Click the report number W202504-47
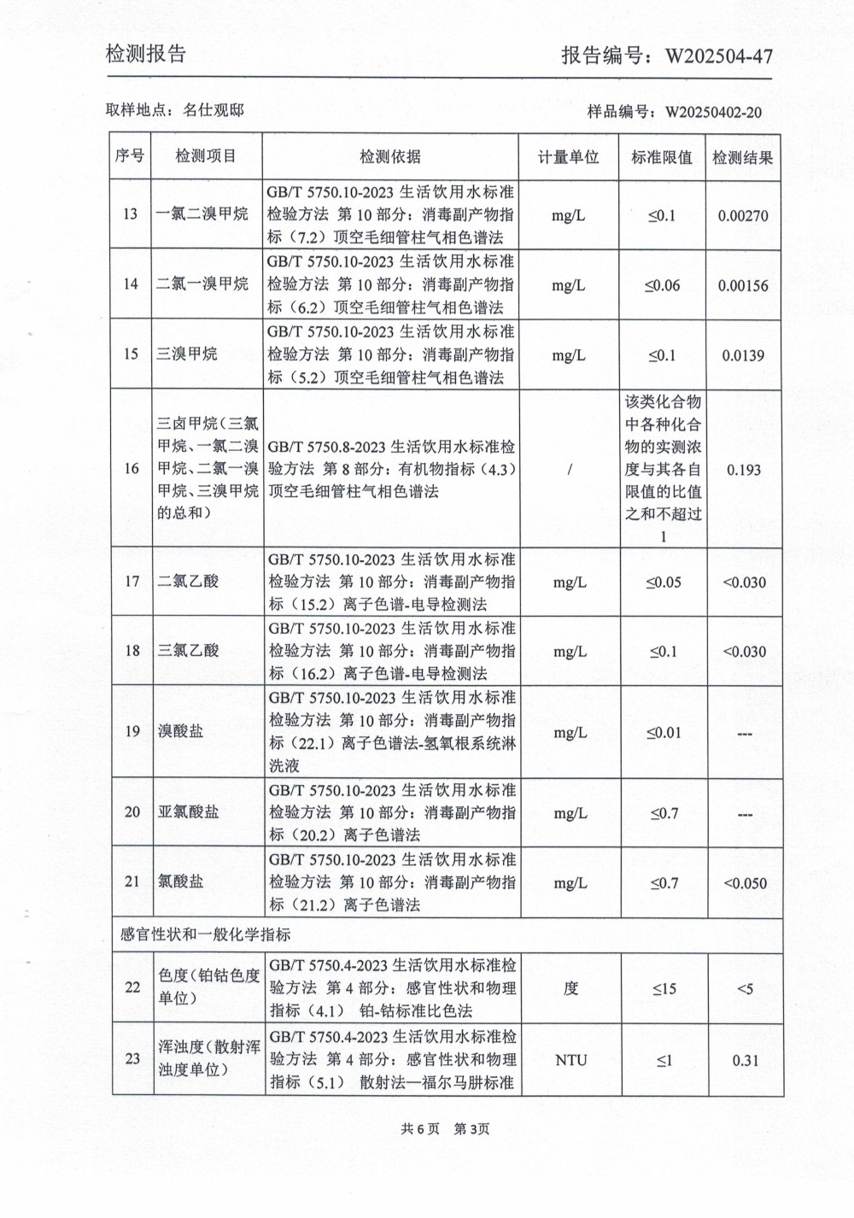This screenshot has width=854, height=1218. pyautogui.click(x=719, y=56)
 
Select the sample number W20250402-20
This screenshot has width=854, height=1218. pyautogui.click(x=713, y=113)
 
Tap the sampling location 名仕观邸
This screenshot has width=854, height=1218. pyautogui.click(x=213, y=110)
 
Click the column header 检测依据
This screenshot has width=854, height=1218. pyautogui.click(x=390, y=156)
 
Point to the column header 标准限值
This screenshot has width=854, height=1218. pyautogui.click(x=662, y=157)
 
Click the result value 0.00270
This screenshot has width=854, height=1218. pyautogui.click(x=743, y=216)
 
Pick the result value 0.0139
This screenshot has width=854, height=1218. pyautogui.click(x=743, y=355)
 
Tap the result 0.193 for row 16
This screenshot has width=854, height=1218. pyautogui.click(x=744, y=470)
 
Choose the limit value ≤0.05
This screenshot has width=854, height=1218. pyautogui.click(x=664, y=583)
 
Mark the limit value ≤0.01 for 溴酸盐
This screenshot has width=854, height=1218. pyautogui.click(x=664, y=733)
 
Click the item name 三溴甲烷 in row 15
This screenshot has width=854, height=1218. pyautogui.click(x=187, y=354)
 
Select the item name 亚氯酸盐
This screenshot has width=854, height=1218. pyautogui.click(x=189, y=812)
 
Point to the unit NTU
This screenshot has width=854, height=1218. pyautogui.click(x=570, y=1060)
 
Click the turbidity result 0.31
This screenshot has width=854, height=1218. pyautogui.click(x=745, y=1061)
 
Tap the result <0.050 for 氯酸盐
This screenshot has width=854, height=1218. pyautogui.click(x=745, y=883)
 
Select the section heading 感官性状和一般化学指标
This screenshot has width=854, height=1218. pyautogui.click(x=206, y=934)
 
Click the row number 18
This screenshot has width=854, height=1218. pyautogui.click(x=132, y=651)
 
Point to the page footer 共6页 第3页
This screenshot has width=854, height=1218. pyautogui.click(x=445, y=1129)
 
